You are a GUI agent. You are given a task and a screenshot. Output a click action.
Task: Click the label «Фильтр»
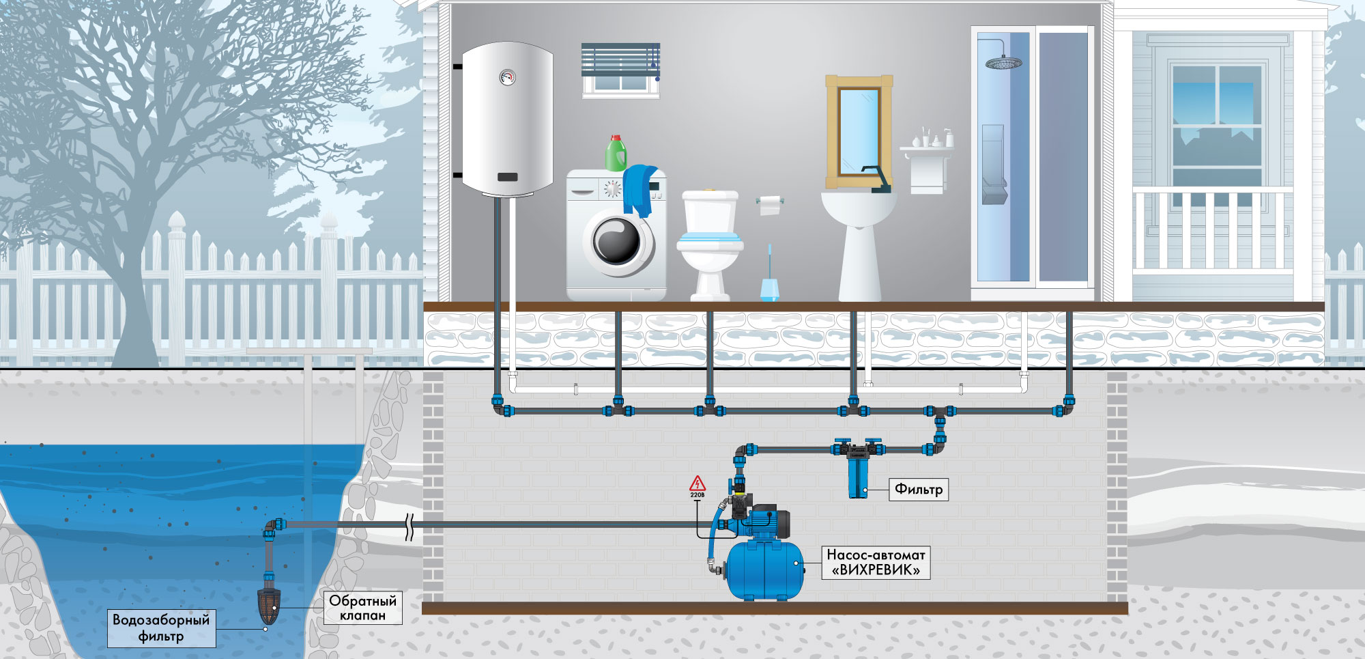pos(919,489)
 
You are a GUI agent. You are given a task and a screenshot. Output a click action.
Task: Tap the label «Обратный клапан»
pos(363,608)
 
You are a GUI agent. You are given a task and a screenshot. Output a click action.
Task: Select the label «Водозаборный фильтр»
pos(161,628)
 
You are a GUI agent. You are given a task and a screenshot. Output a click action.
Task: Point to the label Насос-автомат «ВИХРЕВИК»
pos(876,563)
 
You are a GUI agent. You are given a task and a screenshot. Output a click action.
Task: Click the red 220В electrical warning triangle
pos(697,484)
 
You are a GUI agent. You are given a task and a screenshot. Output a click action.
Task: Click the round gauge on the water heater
pos(507,76)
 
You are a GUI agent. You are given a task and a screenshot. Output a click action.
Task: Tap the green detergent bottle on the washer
pos(616,153)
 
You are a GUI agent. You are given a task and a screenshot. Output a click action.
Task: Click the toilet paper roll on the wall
pos(770,204)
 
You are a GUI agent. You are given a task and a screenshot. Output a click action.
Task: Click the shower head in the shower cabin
pos(1003,63)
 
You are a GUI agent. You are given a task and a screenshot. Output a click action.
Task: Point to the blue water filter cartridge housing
pos(857,477)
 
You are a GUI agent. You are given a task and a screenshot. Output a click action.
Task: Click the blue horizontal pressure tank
pos(764,570)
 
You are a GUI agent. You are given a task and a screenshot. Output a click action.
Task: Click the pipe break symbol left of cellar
pos(409,526)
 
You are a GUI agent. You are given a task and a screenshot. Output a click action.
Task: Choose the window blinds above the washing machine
pos(620,60)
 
